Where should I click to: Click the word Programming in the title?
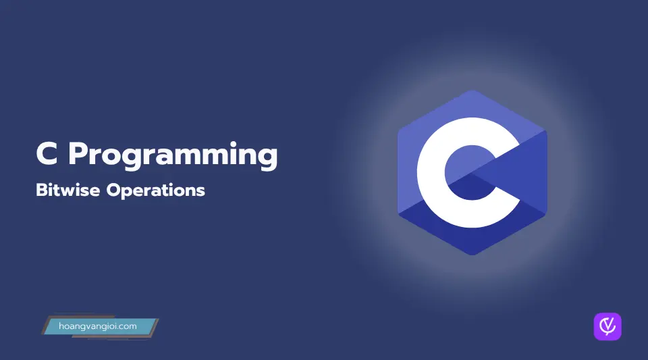173,156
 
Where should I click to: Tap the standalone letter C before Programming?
47,153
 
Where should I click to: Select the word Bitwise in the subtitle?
67,190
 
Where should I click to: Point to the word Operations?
156,191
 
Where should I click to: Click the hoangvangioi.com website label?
97,326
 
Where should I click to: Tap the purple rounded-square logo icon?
607,326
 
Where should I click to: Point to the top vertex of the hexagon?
473,90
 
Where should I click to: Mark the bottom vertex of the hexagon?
473,255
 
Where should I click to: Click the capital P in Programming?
78,154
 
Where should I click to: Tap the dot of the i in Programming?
234,145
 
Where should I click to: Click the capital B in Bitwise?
42,190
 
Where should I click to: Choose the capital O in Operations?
114,190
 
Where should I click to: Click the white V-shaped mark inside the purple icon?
607,326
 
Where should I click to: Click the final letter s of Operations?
201,192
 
